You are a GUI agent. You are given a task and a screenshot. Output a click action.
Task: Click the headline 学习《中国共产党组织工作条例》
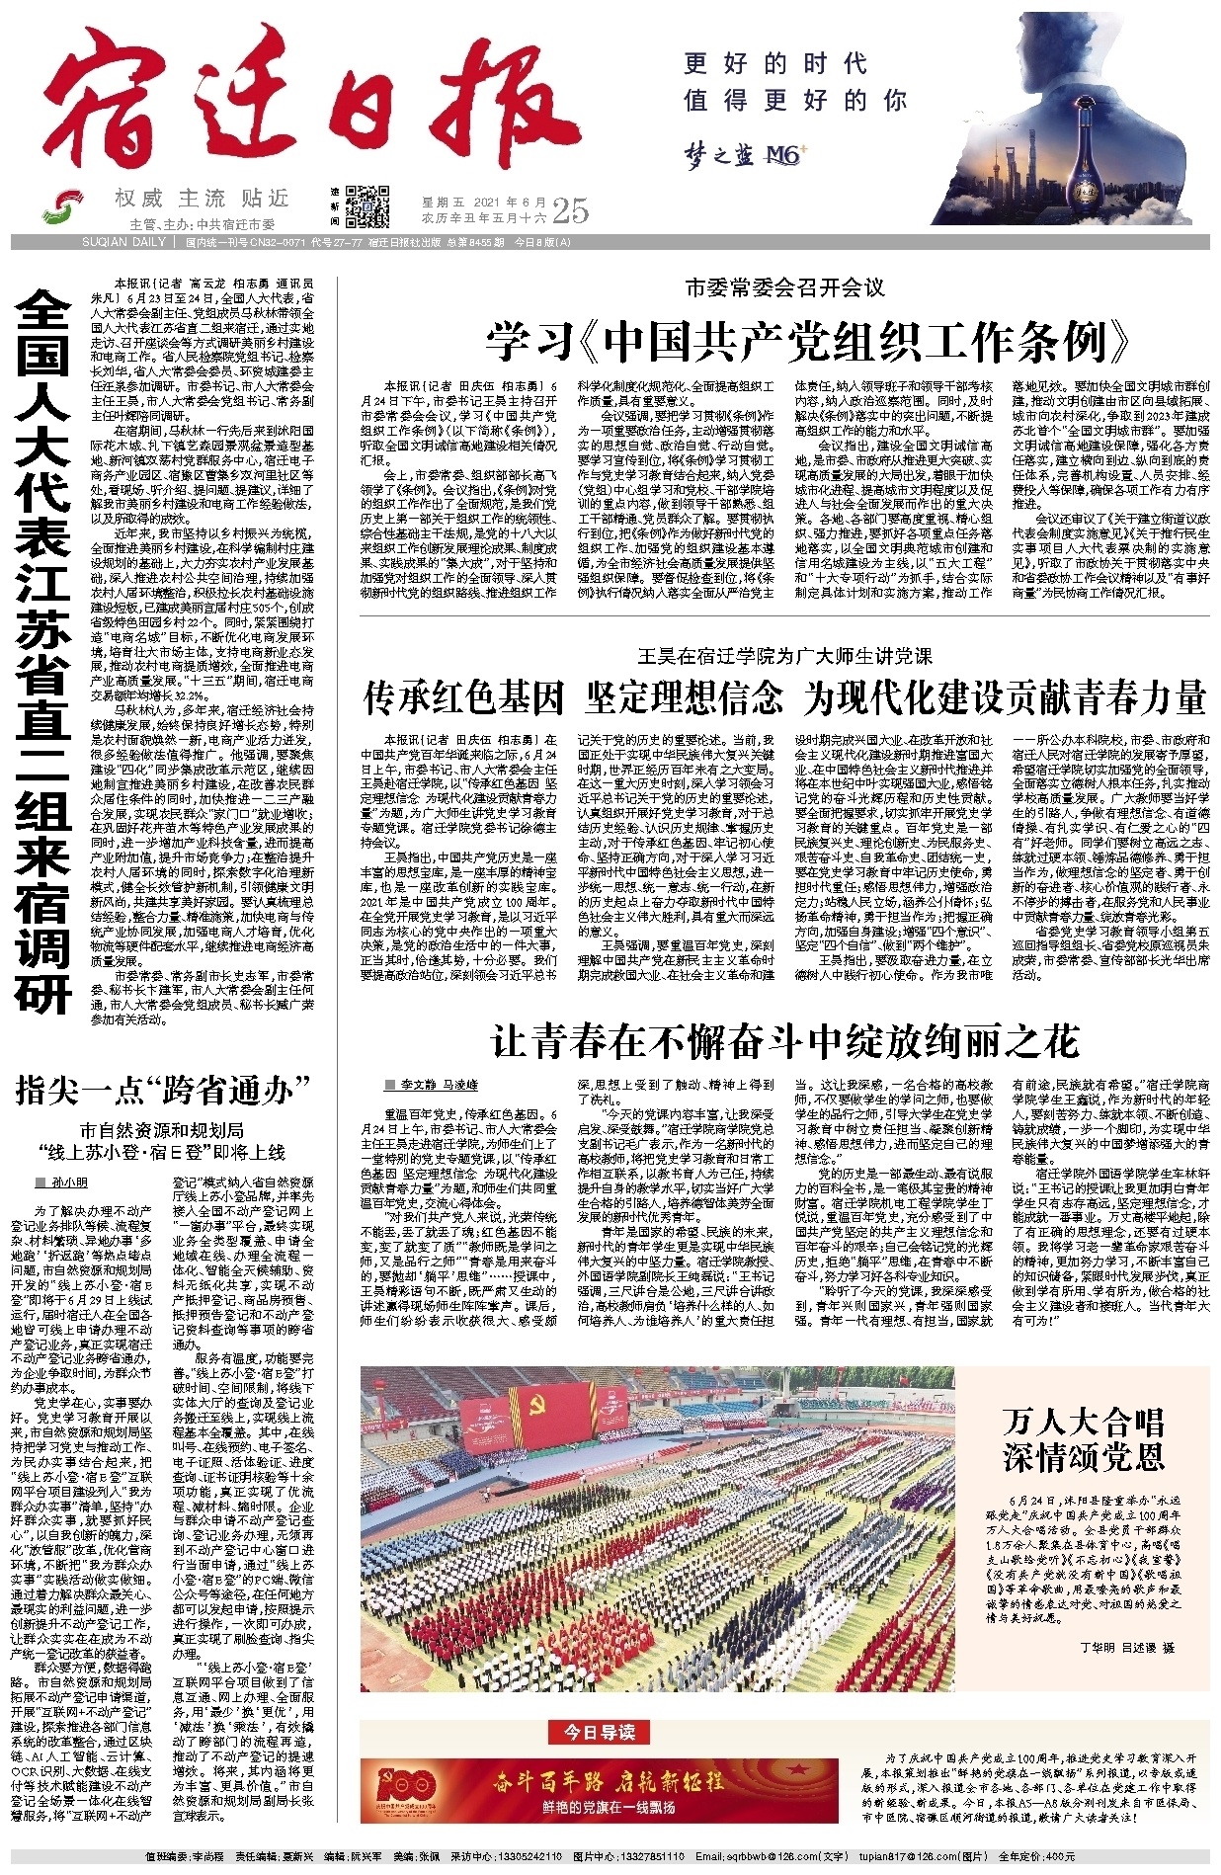[808, 342]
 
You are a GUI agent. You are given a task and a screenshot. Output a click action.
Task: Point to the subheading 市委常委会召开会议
[785, 288]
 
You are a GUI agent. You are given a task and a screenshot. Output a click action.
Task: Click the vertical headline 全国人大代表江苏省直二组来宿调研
[43, 652]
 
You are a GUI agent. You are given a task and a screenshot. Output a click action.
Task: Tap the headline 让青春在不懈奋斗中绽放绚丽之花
[785, 1041]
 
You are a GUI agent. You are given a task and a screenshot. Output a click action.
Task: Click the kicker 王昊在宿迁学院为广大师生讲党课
[785, 656]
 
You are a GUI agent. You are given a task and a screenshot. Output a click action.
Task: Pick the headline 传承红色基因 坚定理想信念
[573, 697]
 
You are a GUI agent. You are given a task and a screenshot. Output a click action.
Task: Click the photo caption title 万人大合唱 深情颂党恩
[1084, 1438]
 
